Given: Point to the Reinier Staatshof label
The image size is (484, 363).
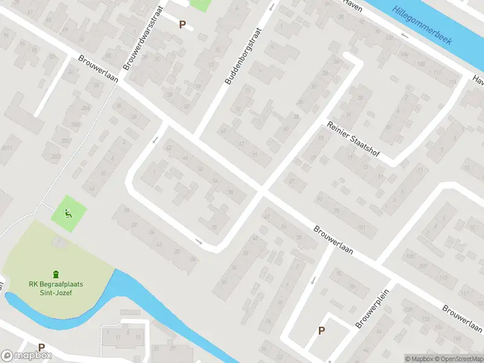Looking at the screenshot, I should pos(353,139).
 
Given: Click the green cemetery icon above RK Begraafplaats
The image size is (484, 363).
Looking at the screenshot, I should pos(56,273).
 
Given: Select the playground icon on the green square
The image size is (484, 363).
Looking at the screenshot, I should pos(68,212).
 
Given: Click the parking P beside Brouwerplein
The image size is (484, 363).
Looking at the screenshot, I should pos(321,330).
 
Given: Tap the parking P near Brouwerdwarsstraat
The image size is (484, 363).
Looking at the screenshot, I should pos(182,24).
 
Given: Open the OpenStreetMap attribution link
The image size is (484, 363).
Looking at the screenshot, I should pos(458,359).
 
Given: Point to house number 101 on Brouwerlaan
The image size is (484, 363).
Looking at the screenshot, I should pos(362,227).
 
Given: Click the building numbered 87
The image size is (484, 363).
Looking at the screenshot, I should pos(292,181).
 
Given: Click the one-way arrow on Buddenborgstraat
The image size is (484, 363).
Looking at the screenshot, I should pos(272,8).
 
